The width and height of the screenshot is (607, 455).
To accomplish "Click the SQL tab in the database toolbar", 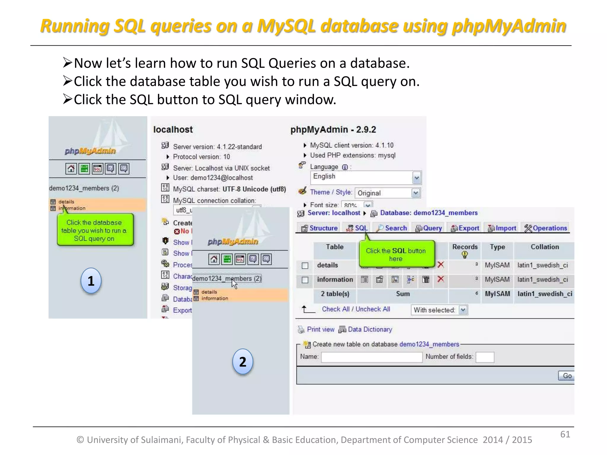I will [x=357, y=228].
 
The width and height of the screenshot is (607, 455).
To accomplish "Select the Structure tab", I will [x=320, y=228].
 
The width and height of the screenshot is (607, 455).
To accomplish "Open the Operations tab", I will [x=546, y=228].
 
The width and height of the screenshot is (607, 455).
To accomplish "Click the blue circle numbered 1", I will [x=91, y=281].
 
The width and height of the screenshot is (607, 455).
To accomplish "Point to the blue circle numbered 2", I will [x=242, y=362].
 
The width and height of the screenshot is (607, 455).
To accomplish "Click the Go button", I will [x=567, y=376].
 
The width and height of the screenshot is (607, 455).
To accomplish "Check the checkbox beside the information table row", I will [x=305, y=280].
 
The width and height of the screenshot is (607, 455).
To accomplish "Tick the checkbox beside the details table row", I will [x=305, y=265].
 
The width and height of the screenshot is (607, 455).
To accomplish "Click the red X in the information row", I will [x=441, y=279].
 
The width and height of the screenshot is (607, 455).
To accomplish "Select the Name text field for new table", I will [x=372, y=357].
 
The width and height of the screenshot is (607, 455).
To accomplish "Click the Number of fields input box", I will [x=485, y=357].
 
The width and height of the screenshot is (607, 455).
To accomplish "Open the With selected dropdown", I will [x=463, y=310].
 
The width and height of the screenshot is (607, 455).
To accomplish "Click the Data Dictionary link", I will [x=370, y=329].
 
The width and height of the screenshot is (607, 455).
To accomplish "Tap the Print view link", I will [x=320, y=329].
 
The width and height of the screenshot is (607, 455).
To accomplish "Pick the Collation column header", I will [x=544, y=247].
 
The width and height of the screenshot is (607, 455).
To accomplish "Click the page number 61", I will [x=565, y=434].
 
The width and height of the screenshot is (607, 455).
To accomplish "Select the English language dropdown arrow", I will [x=416, y=178].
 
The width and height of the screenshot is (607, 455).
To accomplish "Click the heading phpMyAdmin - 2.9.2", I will [x=333, y=129].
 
